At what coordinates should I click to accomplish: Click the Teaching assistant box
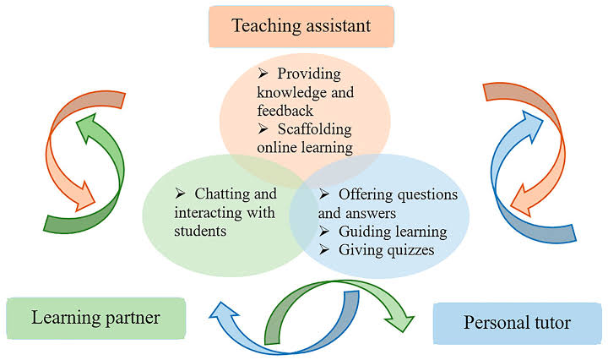pyautogui.click(x=301, y=26)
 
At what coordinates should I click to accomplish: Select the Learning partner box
pyautogui.click(x=96, y=318)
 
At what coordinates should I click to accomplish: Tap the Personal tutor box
pyautogui.click(x=518, y=323)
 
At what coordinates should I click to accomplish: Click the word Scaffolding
pyautogui.click(x=314, y=129)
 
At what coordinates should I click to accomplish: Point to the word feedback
pyautogui.click(x=285, y=111)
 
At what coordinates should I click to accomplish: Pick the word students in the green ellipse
pyautogui.click(x=200, y=232)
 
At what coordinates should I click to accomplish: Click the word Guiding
pyautogui.click(x=361, y=232)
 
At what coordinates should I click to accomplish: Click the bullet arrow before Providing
pyautogui.click(x=263, y=73)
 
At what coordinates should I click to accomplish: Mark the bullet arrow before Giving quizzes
pyautogui.click(x=324, y=249)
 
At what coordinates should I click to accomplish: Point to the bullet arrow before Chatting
pyautogui.click(x=180, y=193)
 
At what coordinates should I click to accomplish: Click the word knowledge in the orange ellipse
pyautogui.click(x=287, y=93)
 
